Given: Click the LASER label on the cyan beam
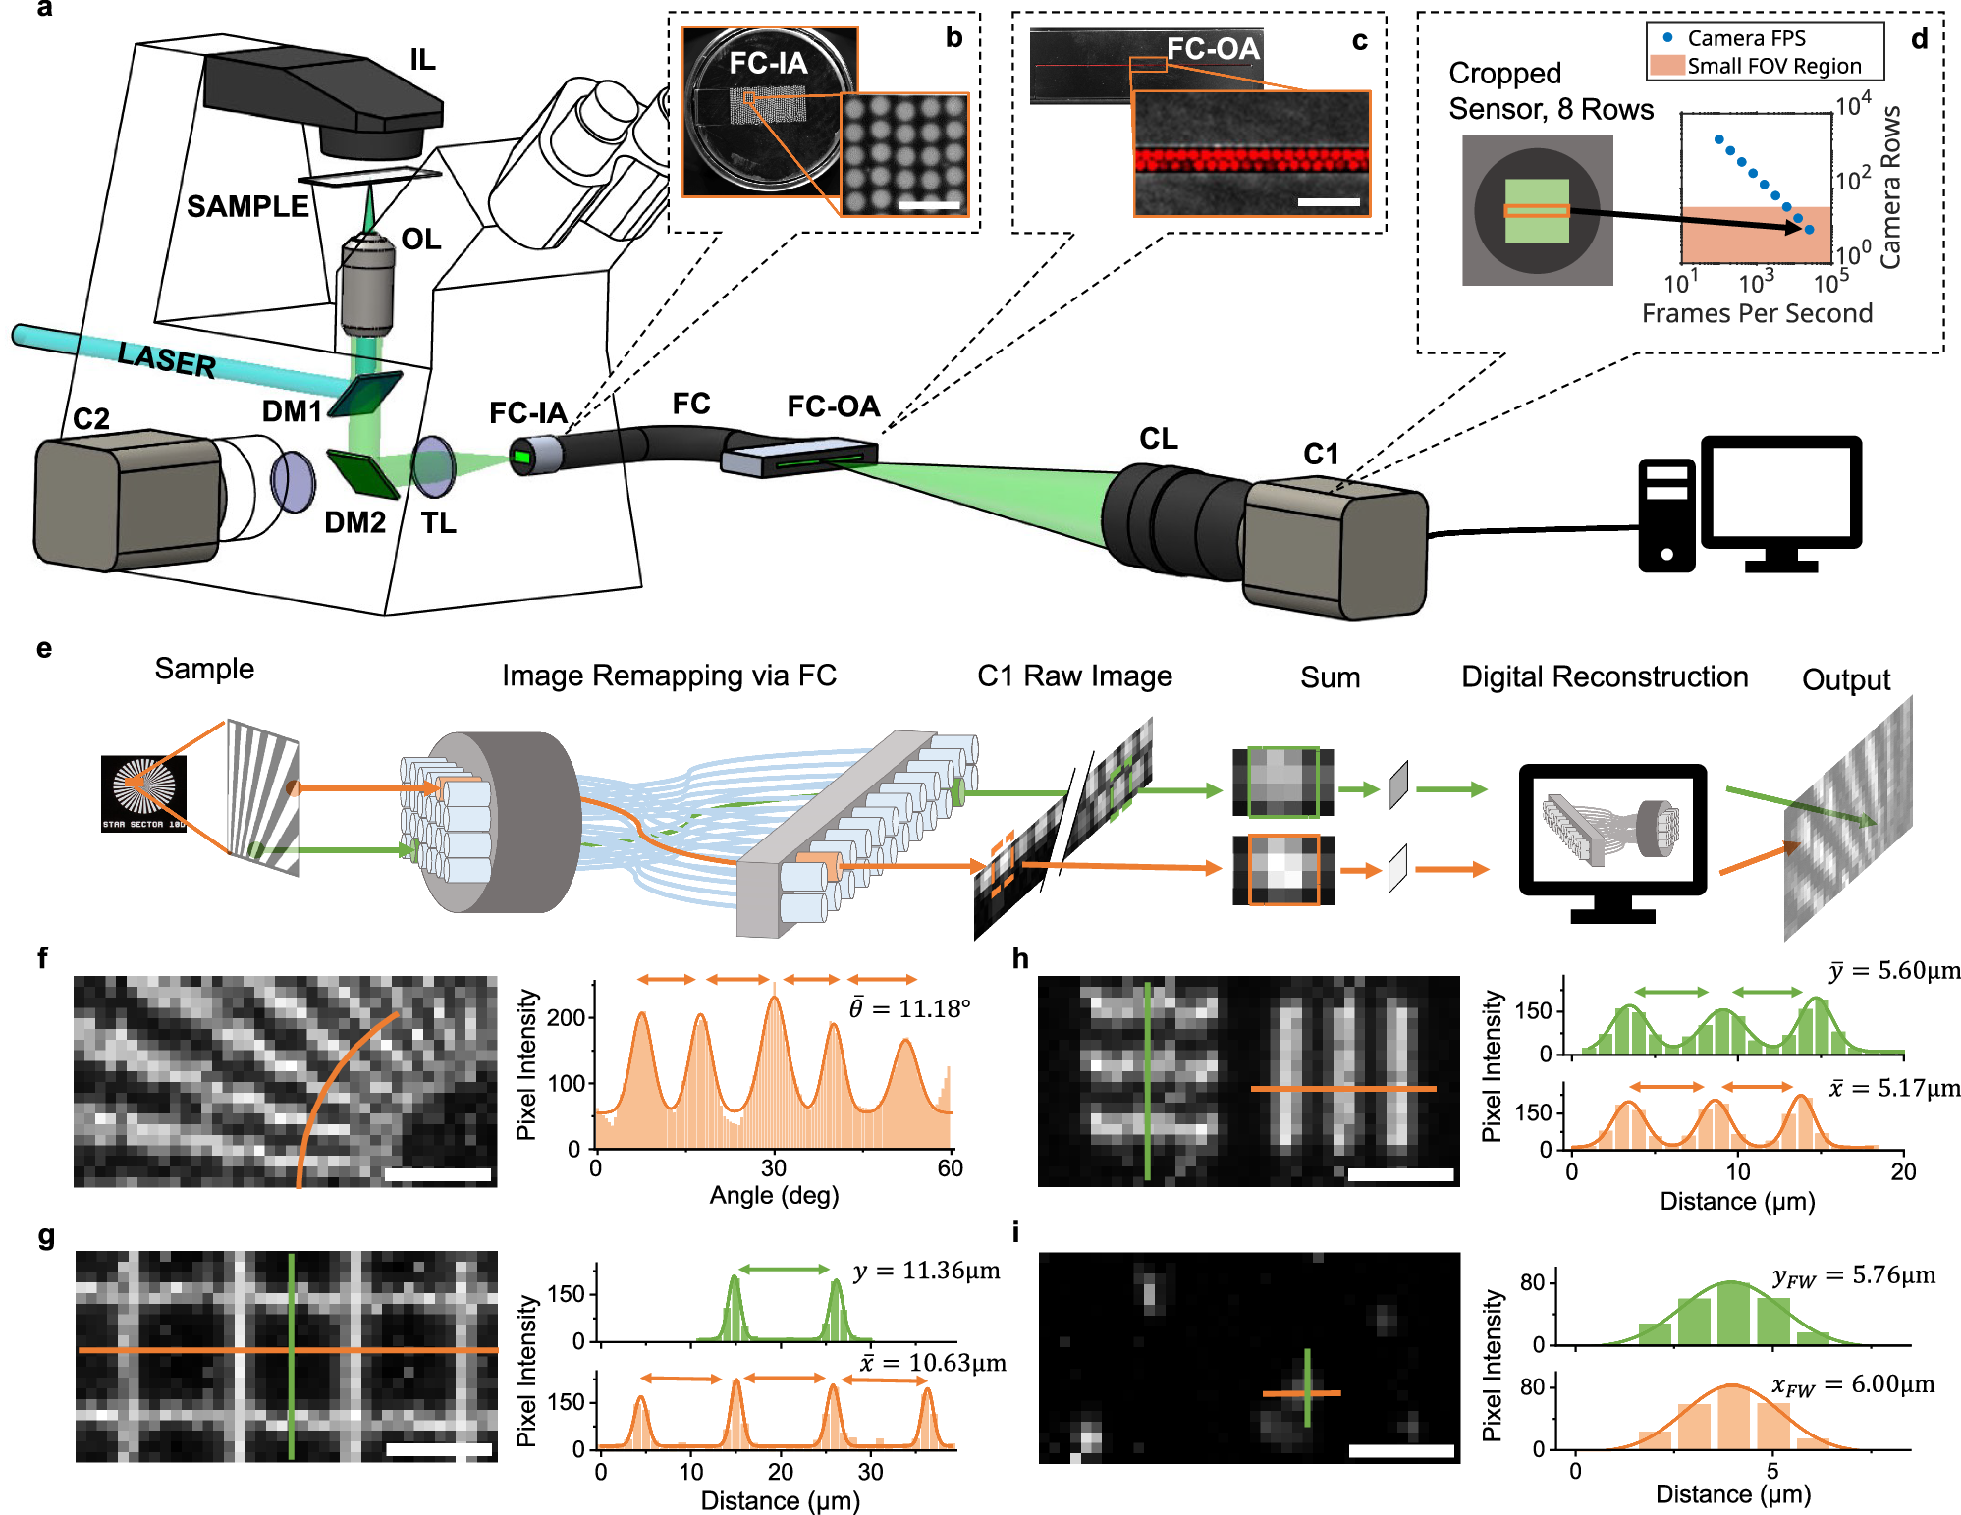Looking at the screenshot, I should coord(167,359).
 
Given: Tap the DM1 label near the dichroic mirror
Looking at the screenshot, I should coord(292,411).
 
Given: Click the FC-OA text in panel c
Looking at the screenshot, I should coord(1212,48).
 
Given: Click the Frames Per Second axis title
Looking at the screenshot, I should coord(1757,313).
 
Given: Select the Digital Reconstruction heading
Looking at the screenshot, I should coord(1605,676).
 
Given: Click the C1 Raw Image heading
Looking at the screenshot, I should coord(1074,676).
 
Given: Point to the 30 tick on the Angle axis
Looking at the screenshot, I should coord(773,1167).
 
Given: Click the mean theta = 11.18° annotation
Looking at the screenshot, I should coord(910,1008).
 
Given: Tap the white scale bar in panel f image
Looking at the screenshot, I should coord(438,1174).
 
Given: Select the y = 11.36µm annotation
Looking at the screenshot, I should coord(926,1271).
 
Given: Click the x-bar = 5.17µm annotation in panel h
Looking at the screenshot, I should coord(1893,1088).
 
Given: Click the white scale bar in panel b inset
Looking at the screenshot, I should coord(928,205).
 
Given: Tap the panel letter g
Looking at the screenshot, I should coord(46,1235).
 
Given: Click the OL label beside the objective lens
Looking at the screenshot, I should coord(420,240).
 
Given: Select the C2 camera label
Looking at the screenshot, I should coord(90,419).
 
